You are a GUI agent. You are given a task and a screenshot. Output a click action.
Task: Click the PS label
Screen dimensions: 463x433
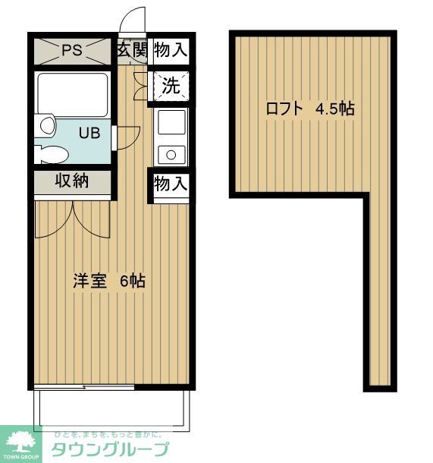[71, 51]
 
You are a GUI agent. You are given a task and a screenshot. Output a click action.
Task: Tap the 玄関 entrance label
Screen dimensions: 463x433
[133, 51]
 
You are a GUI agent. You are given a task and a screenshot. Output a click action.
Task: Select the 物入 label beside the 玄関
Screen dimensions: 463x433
[170, 51]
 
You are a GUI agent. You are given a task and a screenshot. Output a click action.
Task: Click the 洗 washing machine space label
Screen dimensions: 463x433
[171, 85]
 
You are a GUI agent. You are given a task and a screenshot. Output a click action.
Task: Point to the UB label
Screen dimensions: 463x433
[89, 133]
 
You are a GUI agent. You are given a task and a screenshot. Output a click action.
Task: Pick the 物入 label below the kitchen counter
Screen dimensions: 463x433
[170, 183]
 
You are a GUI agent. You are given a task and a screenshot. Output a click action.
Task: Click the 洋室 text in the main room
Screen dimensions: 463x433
[89, 280]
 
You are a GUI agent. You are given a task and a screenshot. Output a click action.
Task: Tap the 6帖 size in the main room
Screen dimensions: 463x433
[133, 280]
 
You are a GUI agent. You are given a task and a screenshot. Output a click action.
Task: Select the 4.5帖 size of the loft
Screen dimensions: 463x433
[335, 109]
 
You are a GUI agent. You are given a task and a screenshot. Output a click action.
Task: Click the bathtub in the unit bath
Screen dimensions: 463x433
[72, 95]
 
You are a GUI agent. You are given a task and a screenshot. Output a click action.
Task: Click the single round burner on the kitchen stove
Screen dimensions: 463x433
[171, 156]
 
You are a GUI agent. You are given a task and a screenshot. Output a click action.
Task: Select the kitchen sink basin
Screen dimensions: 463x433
[170, 122]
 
